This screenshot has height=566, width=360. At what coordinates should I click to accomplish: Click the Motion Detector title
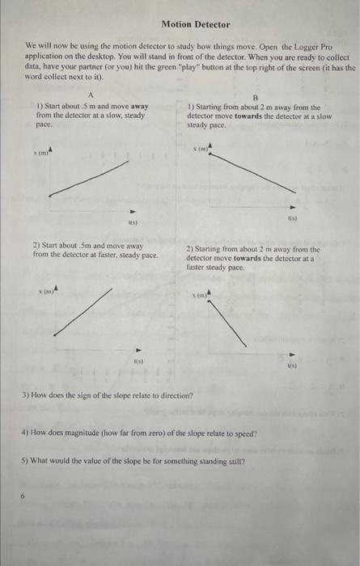click(195, 25)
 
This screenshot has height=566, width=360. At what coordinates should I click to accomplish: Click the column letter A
click(91, 95)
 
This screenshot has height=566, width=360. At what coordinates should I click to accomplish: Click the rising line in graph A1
click(89, 177)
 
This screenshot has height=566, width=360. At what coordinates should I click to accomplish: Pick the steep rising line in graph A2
click(80, 310)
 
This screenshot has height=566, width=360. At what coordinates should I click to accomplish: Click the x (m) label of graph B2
click(200, 297)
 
